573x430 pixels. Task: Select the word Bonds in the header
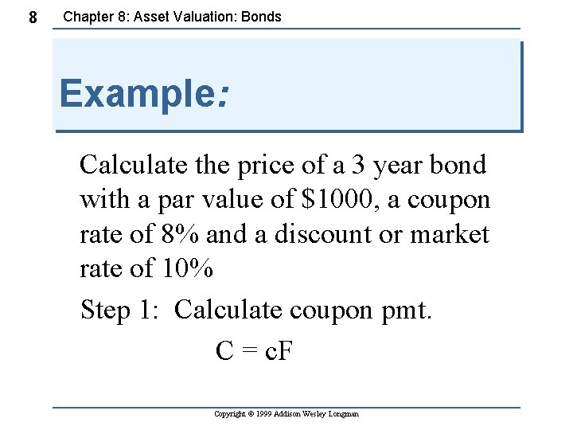263,16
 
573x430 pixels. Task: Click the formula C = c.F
255,350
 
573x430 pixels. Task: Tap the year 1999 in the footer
267,414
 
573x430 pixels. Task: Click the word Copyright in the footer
232,414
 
